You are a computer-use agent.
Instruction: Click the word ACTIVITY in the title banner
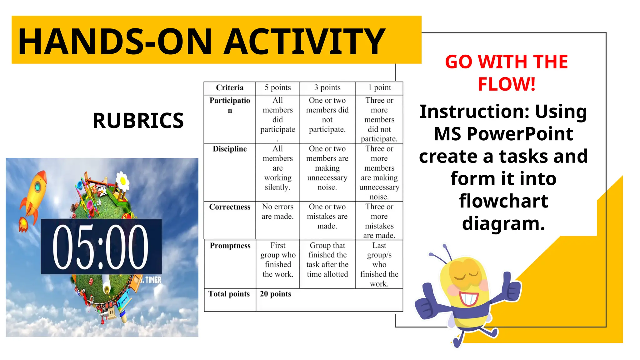[x=305, y=42]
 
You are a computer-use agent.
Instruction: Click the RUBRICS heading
[x=138, y=121]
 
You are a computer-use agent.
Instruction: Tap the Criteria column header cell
[x=230, y=88]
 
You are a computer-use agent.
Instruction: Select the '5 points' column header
[x=277, y=88]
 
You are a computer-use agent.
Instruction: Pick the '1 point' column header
[x=379, y=88]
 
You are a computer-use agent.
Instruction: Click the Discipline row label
[x=230, y=149]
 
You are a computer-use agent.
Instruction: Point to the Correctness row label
[x=230, y=207]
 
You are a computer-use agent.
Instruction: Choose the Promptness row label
[x=230, y=246]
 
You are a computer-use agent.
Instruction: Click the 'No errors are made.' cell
[x=277, y=212]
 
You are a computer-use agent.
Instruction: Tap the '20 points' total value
[x=275, y=294]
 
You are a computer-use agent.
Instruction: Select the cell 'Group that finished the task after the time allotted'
[x=327, y=260]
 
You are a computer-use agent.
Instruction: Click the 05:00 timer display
[x=101, y=247]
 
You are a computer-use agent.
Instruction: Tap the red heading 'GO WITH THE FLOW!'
[x=506, y=72]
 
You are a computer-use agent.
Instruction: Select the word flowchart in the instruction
[x=503, y=201]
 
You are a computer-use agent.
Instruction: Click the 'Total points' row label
[x=229, y=294]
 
